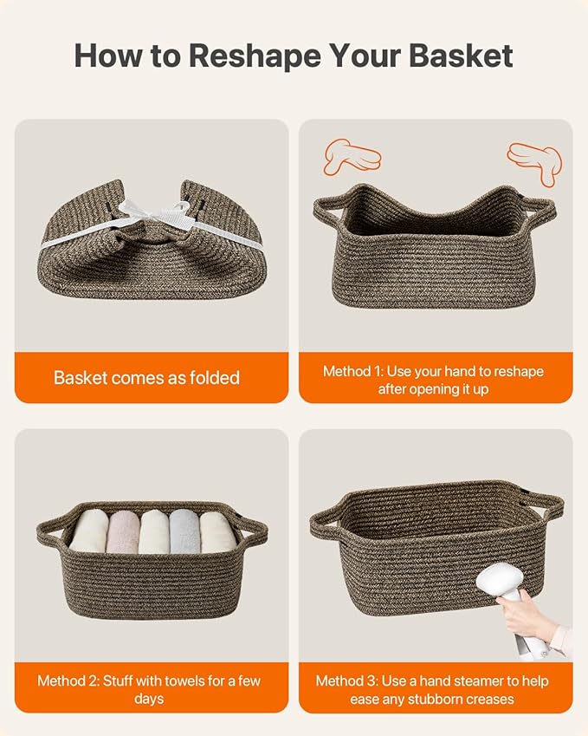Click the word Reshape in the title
[x=255, y=55]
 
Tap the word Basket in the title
[x=461, y=55]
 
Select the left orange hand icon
[x=352, y=156]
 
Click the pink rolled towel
[x=123, y=531]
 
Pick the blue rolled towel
[x=184, y=531]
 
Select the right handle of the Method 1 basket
[x=540, y=211]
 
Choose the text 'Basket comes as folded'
[x=146, y=378]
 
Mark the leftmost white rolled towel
[x=90, y=531]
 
